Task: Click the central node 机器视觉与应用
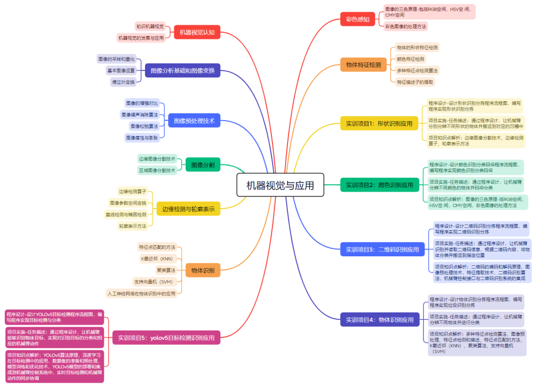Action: tap(280, 185)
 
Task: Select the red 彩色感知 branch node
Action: tap(357, 20)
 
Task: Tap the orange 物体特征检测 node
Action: tap(363, 65)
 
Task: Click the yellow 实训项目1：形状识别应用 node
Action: tap(379, 124)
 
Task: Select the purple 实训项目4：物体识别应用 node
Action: tap(380, 320)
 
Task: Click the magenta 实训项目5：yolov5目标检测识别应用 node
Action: tap(166, 337)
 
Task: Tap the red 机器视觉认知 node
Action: tap(197, 32)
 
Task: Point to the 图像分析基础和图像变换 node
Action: tap(183, 70)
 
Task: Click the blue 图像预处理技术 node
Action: tap(194, 121)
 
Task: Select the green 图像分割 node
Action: tap(203, 165)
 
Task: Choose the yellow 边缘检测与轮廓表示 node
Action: tap(188, 209)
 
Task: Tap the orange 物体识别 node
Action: tap(203, 271)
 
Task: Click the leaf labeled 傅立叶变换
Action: tap(123, 82)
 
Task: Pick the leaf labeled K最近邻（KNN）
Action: tap(157, 259)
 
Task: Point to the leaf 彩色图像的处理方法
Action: tap(405, 26)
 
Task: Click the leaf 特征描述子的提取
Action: tap(415, 82)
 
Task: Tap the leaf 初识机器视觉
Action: tap(150, 26)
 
